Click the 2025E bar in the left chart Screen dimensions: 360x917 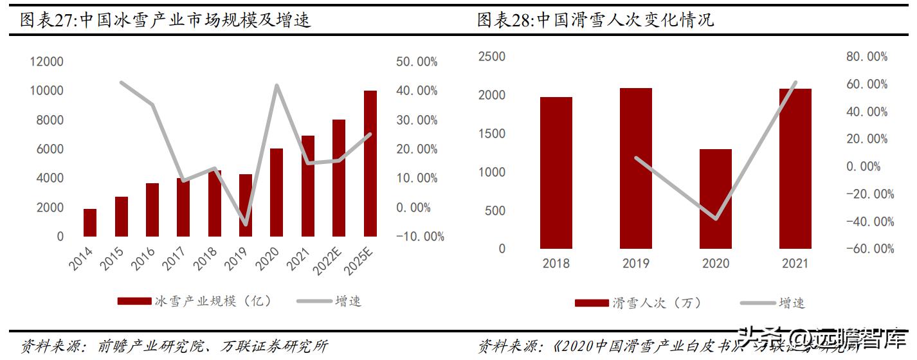(x=370, y=163)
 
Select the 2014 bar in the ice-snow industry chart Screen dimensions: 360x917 (x=90, y=222)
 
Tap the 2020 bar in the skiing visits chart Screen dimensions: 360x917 (x=716, y=199)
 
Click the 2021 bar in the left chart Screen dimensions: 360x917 (x=308, y=186)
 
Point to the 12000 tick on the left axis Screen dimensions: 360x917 (x=46, y=62)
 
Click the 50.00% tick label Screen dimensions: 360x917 (x=417, y=62)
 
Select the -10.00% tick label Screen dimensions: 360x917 (x=419, y=237)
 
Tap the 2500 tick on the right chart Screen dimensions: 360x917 (x=492, y=57)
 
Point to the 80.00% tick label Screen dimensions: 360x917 (x=867, y=57)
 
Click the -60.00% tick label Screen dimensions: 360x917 (x=869, y=249)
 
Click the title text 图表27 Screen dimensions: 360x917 (x=48, y=21)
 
